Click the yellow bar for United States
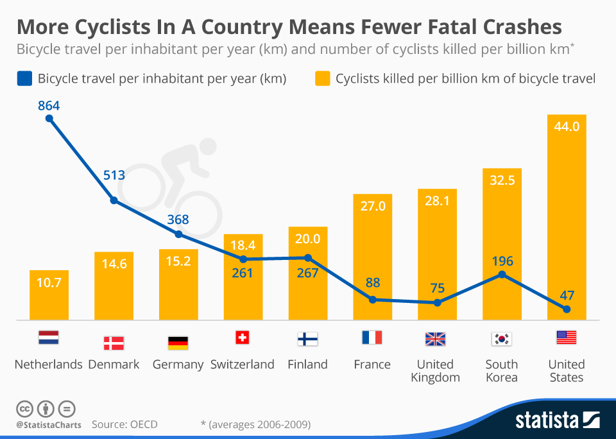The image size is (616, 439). click(567, 217)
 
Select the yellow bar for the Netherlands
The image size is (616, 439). click(49, 295)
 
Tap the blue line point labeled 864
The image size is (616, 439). click(49, 118)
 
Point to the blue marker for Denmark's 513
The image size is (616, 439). click(114, 200)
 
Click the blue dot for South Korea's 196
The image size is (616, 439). click(502, 274)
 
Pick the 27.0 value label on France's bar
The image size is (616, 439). click(373, 206)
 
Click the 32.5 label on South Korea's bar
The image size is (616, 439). click(502, 180)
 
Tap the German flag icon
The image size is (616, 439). click(178, 343)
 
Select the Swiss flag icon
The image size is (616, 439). click(243, 338)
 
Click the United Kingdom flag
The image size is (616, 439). click(435, 339)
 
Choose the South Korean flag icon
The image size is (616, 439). click(502, 339)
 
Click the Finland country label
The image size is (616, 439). click(307, 365)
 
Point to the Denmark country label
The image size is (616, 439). click(114, 365)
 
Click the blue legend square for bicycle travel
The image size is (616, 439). click(24, 78)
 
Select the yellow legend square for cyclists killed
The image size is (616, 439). click(323, 78)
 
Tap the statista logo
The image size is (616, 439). click(558, 420)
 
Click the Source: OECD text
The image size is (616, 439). click(124, 424)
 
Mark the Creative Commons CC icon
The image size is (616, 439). click(24, 409)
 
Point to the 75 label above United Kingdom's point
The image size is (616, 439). click(437, 288)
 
